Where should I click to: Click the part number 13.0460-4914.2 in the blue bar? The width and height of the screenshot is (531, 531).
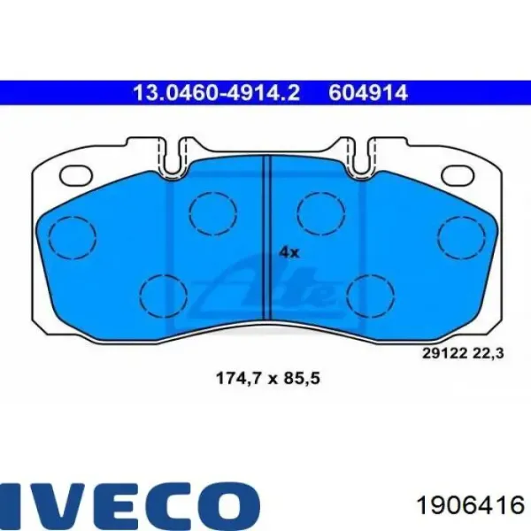[x=217, y=92]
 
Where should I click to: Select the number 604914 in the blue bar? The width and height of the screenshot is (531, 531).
[x=368, y=92]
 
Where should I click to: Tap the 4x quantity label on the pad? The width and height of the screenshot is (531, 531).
[x=289, y=252]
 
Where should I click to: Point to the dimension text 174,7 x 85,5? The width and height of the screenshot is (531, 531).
[x=267, y=378]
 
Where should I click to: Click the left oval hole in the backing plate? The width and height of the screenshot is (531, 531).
[x=76, y=175]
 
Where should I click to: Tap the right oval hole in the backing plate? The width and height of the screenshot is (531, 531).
[x=458, y=175]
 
